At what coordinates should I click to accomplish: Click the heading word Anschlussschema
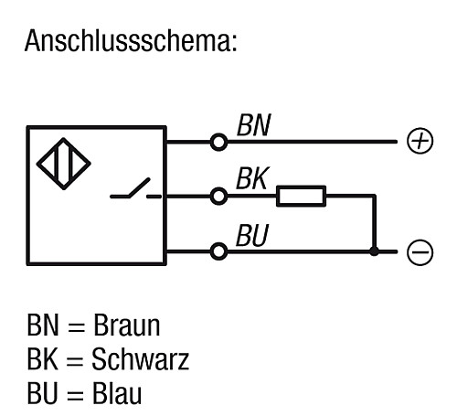(x=132, y=41)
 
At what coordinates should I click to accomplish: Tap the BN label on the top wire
(x=253, y=125)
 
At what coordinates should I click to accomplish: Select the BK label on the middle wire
(x=251, y=179)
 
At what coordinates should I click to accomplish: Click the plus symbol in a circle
(x=419, y=142)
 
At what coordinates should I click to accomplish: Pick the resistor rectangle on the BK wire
(x=302, y=196)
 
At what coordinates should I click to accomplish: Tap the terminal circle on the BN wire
(x=218, y=143)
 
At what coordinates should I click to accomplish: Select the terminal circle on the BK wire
(x=218, y=196)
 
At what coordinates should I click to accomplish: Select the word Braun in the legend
(x=128, y=325)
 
